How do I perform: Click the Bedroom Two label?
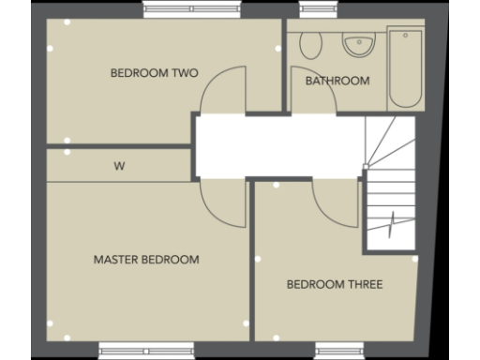tap(154, 72)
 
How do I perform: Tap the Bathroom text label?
tap(337, 81)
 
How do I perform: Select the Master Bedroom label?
tap(146, 260)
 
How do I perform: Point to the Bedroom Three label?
tap(335, 284)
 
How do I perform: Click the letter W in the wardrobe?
tap(119, 167)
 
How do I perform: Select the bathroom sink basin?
tap(357, 43)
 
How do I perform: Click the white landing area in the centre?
tap(272, 145)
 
